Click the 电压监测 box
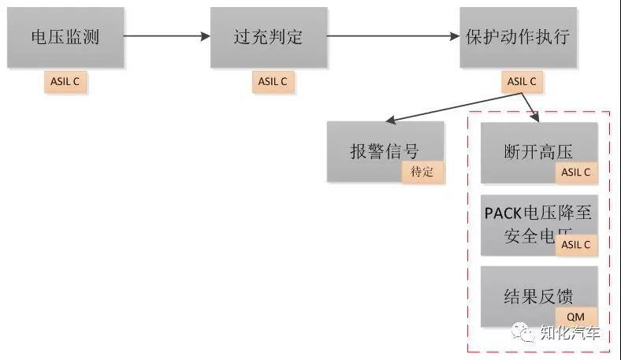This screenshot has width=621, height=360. (65, 37)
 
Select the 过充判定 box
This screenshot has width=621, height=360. (268, 37)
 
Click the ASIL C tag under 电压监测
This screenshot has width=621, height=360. (65, 81)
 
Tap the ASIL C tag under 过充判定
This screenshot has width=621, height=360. (273, 81)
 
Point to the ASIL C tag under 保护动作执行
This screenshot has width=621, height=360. (522, 81)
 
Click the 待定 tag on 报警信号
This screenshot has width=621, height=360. (422, 172)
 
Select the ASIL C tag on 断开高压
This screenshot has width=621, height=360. (576, 172)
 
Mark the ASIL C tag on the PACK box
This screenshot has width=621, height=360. (576, 244)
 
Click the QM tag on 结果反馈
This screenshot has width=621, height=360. (576, 317)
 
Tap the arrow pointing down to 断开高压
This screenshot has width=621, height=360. (530, 109)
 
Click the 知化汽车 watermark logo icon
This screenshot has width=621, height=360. (522, 332)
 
